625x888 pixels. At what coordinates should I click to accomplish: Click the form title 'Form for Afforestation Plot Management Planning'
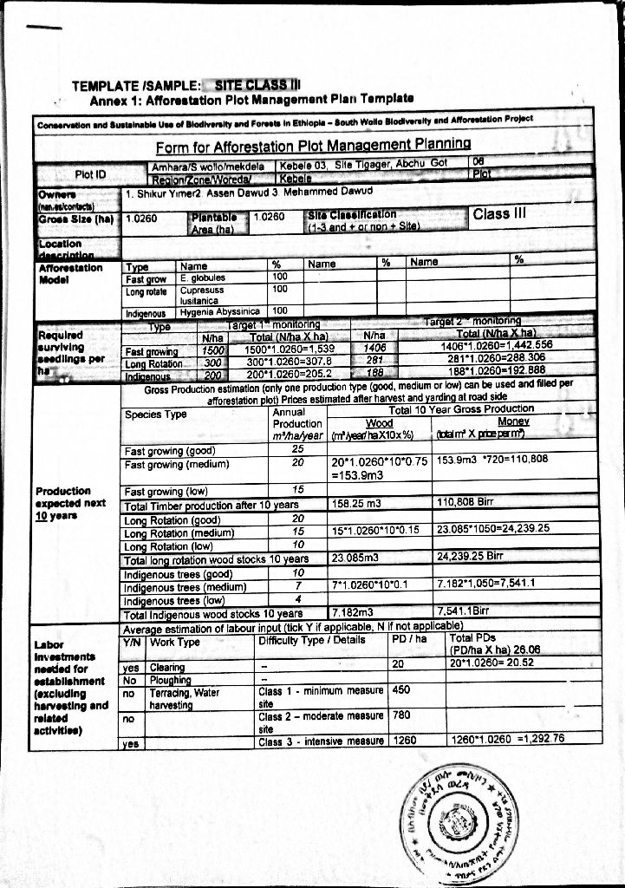[x=313, y=144]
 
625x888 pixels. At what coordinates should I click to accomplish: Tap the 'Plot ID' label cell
[x=90, y=173]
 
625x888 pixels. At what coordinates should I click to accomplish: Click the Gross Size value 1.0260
[x=141, y=219]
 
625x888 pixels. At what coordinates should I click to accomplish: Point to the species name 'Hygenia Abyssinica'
[x=219, y=310]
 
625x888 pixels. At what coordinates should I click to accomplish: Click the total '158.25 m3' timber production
[x=357, y=502]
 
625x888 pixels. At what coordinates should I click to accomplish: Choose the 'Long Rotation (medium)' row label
[x=179, y=531]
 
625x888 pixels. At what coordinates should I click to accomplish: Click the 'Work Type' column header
[x=175, y=643]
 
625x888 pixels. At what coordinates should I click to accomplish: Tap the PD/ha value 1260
[x=406, y=740]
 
